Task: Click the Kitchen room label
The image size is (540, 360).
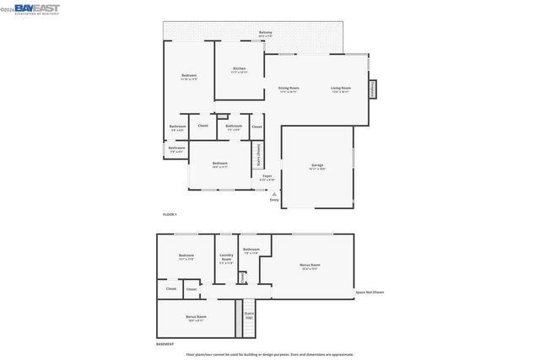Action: pos(239,70)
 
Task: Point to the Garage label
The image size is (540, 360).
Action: pos(317,166)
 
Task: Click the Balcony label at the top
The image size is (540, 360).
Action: pos(265,34)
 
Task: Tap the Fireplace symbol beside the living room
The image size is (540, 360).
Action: pos(372,89)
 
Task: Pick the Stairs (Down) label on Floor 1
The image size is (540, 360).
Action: pos(258,157)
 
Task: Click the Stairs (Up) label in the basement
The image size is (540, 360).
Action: pos(249,317)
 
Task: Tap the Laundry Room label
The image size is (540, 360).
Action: pos(226,259)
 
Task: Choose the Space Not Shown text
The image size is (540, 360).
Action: pos(370,292)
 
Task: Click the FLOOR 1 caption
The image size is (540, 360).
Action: pos(170,215)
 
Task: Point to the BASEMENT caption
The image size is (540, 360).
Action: pos(165,344)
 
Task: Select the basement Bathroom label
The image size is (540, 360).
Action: pos(251,250)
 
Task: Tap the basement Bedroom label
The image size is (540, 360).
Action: pos(186,256)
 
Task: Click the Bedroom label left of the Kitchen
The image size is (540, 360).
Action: pos(189,77)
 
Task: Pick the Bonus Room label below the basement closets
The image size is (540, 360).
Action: pos(196,318)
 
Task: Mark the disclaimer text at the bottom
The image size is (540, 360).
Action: pos(270,354)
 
